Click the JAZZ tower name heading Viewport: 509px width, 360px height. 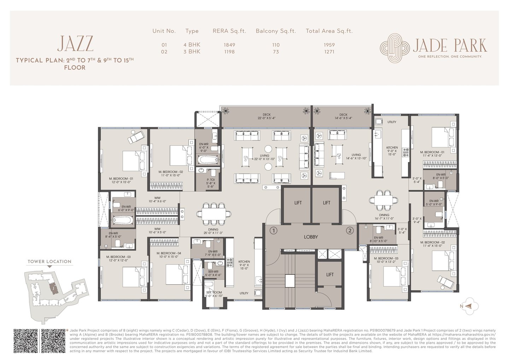(75, 44)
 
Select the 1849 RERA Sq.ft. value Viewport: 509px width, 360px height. (229, 45)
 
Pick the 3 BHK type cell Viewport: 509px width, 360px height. (192, 52)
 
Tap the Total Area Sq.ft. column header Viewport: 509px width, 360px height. (329, 31)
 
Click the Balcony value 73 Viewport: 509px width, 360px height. (276, 52)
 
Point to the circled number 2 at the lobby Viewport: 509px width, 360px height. (349, 231)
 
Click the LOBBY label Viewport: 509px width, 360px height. (311, 237)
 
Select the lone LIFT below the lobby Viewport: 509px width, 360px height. (329, 274)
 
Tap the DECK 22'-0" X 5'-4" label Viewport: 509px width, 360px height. (266, 116)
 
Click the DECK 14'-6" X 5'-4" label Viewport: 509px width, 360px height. (343, 116)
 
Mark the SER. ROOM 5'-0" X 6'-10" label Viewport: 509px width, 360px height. (214, 294)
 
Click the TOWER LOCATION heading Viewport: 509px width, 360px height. (49, 262)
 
